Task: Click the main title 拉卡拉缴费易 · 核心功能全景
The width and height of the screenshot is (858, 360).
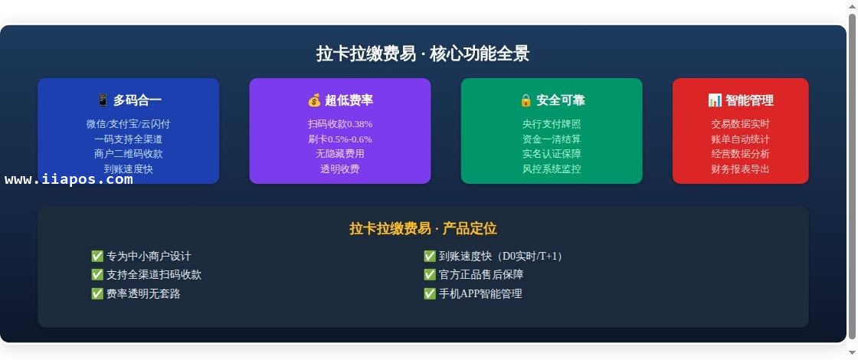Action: (423, 54)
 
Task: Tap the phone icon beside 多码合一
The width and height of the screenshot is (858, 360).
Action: (103, 100)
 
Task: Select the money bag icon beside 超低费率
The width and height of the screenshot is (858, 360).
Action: (314, 100)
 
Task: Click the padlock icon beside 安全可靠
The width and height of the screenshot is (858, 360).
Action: (526, 100)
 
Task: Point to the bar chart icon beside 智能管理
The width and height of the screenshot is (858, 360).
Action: (715, 100)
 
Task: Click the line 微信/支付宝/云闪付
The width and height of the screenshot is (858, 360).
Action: (129, 124)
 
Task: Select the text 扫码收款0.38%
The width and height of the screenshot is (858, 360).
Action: (340, 124)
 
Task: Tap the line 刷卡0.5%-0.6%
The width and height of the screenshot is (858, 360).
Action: (340, 139)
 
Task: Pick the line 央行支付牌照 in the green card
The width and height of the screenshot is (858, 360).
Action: (552, 124)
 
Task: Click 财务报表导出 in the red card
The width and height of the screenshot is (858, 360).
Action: (740, 169)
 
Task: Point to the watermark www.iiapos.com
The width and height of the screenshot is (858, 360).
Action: (69, 179)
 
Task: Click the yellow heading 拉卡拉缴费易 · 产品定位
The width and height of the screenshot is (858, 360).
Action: (423, 229)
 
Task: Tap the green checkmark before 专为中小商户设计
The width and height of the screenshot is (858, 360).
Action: (97, 256)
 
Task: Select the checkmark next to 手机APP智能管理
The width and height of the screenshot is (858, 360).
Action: (430, 293)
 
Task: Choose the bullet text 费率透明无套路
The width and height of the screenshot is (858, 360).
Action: (143, 294)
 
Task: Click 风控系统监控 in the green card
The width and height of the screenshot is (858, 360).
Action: (552, 169)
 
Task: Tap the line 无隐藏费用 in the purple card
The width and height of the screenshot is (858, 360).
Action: (340, 154)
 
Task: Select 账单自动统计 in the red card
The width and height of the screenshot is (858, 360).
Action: (740, 139)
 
